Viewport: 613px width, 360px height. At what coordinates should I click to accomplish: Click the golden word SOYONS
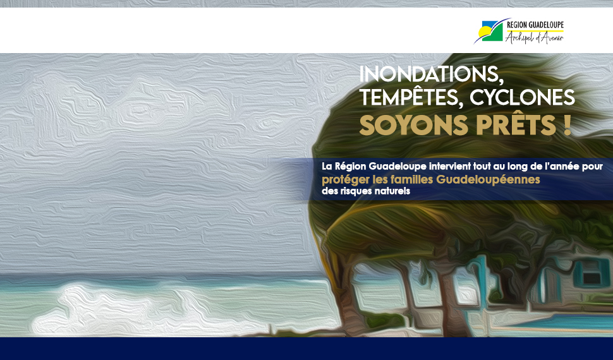tap(414, 126)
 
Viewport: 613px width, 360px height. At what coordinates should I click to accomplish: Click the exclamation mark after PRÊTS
tap(567, 126)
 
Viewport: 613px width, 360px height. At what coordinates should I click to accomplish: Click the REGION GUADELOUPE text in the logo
tap(535, 25)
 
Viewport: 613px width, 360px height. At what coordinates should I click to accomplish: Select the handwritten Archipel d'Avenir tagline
tap(534, 37)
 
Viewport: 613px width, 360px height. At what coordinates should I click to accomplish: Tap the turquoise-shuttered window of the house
tap(592, 273)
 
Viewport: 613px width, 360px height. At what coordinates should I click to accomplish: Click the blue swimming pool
tap(563, 322)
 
